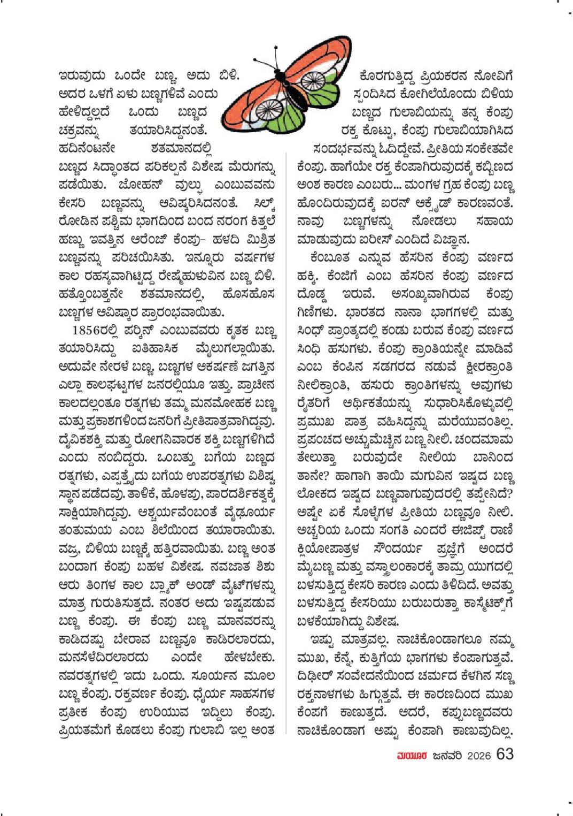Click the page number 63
(505, 754)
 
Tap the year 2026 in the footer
(478, 756)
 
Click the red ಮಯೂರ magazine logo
(412, 756)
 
